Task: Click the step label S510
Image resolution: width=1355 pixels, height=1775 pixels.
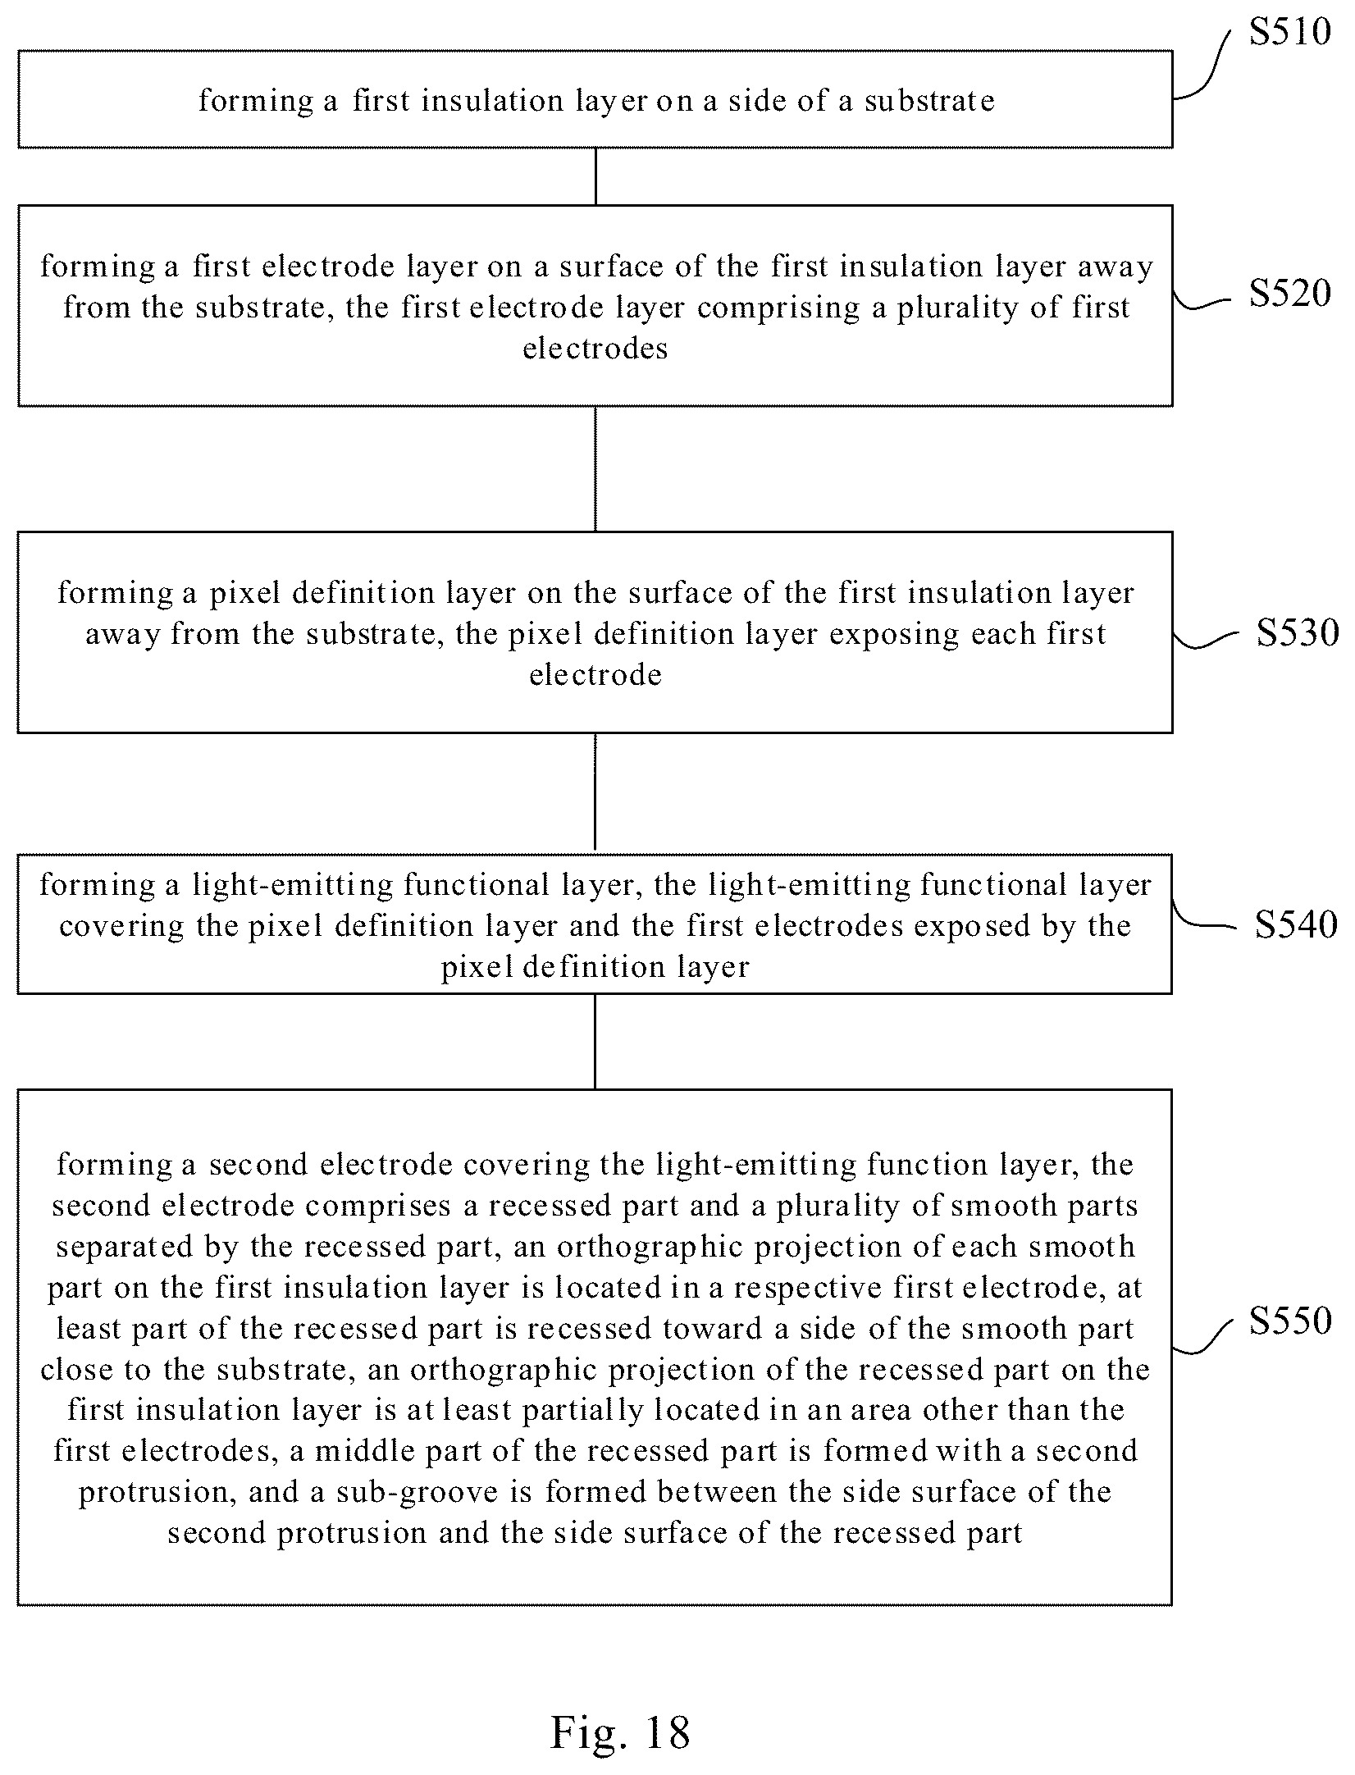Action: pos(1290,32)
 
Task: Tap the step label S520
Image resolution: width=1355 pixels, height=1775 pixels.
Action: pos(1290,293)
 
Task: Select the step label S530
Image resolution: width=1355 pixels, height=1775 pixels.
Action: pos(1298,633)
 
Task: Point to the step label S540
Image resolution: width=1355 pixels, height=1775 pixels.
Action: pos(1296,924)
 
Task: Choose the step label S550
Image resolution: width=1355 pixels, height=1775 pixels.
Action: pos(1290,1320)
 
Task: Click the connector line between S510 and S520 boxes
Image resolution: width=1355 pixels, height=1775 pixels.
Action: pos(595,176)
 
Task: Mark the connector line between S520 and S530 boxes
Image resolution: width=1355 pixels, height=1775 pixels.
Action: pos(595,468)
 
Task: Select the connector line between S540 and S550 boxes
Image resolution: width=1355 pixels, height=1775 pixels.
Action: pos(595,1042)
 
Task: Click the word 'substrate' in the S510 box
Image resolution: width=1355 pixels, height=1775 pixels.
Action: pos(929,101)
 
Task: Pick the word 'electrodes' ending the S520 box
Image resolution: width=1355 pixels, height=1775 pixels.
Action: pos(595,349)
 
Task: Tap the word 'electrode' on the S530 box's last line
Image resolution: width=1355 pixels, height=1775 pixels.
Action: pos(595,675)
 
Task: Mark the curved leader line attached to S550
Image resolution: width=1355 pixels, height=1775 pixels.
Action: pos(1203,1336)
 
